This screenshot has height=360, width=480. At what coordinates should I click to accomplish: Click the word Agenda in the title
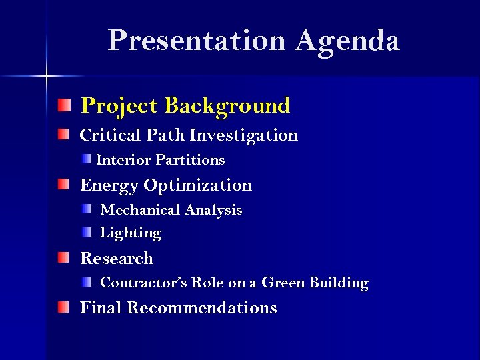347,41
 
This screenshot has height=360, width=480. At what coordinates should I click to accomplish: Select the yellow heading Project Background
185,106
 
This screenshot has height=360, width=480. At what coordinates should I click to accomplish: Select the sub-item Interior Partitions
161,160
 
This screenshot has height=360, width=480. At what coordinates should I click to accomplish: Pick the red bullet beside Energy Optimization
62,184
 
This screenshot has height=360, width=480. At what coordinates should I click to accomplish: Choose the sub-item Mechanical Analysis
171,210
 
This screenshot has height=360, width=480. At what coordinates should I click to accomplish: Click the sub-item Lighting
131,233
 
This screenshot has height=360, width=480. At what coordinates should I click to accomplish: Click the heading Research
117,259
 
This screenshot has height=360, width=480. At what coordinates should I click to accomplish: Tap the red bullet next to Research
62,257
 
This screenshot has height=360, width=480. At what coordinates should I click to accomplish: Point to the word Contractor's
144,283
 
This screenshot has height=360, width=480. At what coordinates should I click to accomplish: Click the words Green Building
315,283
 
